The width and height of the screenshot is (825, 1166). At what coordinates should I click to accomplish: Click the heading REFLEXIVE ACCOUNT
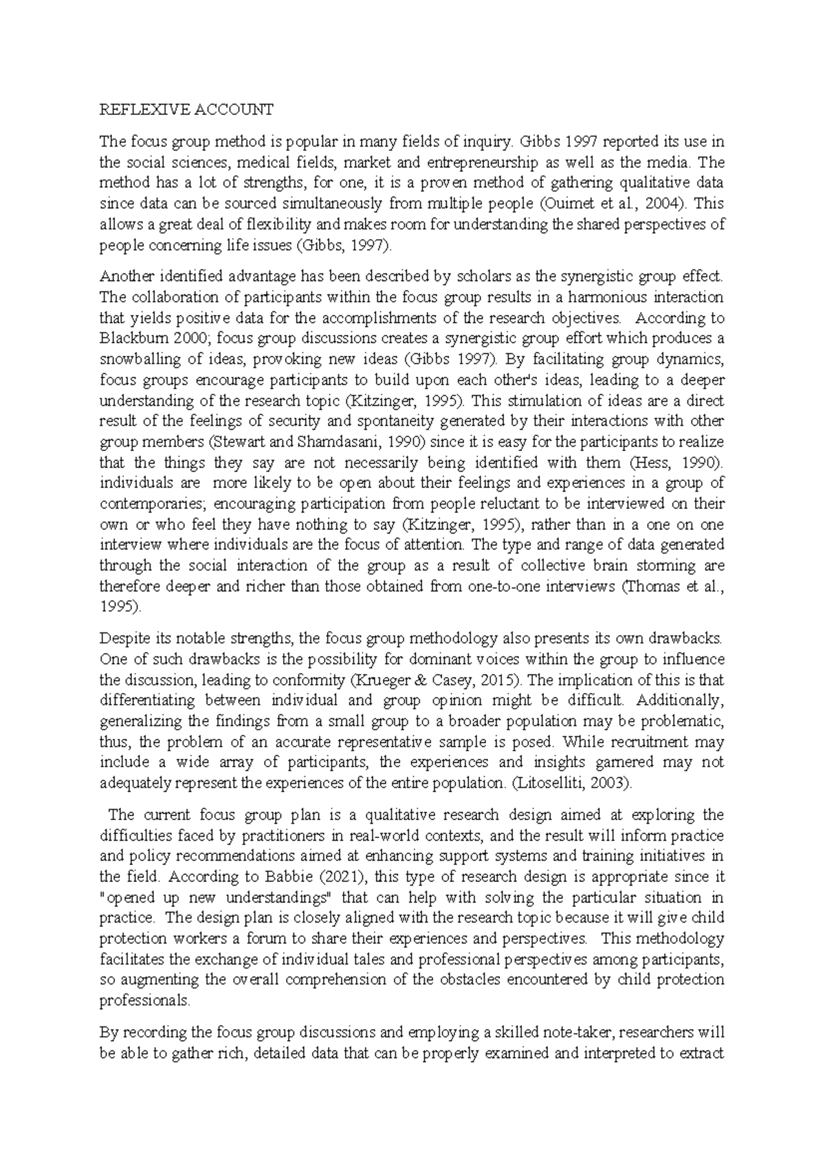coord(186,109)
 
